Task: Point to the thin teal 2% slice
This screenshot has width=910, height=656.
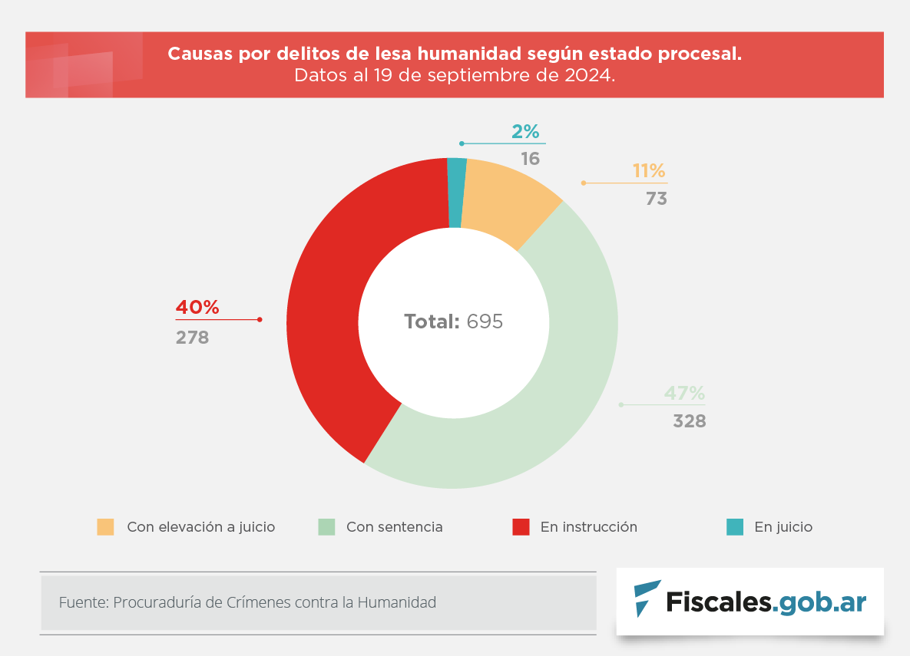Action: coord(456,192)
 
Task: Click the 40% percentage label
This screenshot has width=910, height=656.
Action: coord(197,308)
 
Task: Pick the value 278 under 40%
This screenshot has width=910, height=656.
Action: coord(192,337)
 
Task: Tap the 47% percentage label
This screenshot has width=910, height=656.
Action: coord(684,394)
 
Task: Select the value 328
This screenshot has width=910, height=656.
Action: coord(689,421)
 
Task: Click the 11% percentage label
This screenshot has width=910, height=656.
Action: coord(649,171)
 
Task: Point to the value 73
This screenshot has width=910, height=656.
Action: coord(656,199)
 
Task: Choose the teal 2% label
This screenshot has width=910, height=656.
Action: coord(525,132)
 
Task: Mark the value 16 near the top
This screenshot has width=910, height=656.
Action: coord(530,159)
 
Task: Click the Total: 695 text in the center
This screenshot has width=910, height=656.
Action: coord(454,321)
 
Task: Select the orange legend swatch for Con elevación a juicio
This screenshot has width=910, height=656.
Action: coord(105,527)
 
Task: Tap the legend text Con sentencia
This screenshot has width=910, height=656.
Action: coord(394,527)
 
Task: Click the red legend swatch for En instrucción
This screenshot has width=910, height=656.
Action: coord(521,527)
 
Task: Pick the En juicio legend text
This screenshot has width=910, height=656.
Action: coord(783,527)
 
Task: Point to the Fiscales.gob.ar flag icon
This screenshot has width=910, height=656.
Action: coord(647,598)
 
